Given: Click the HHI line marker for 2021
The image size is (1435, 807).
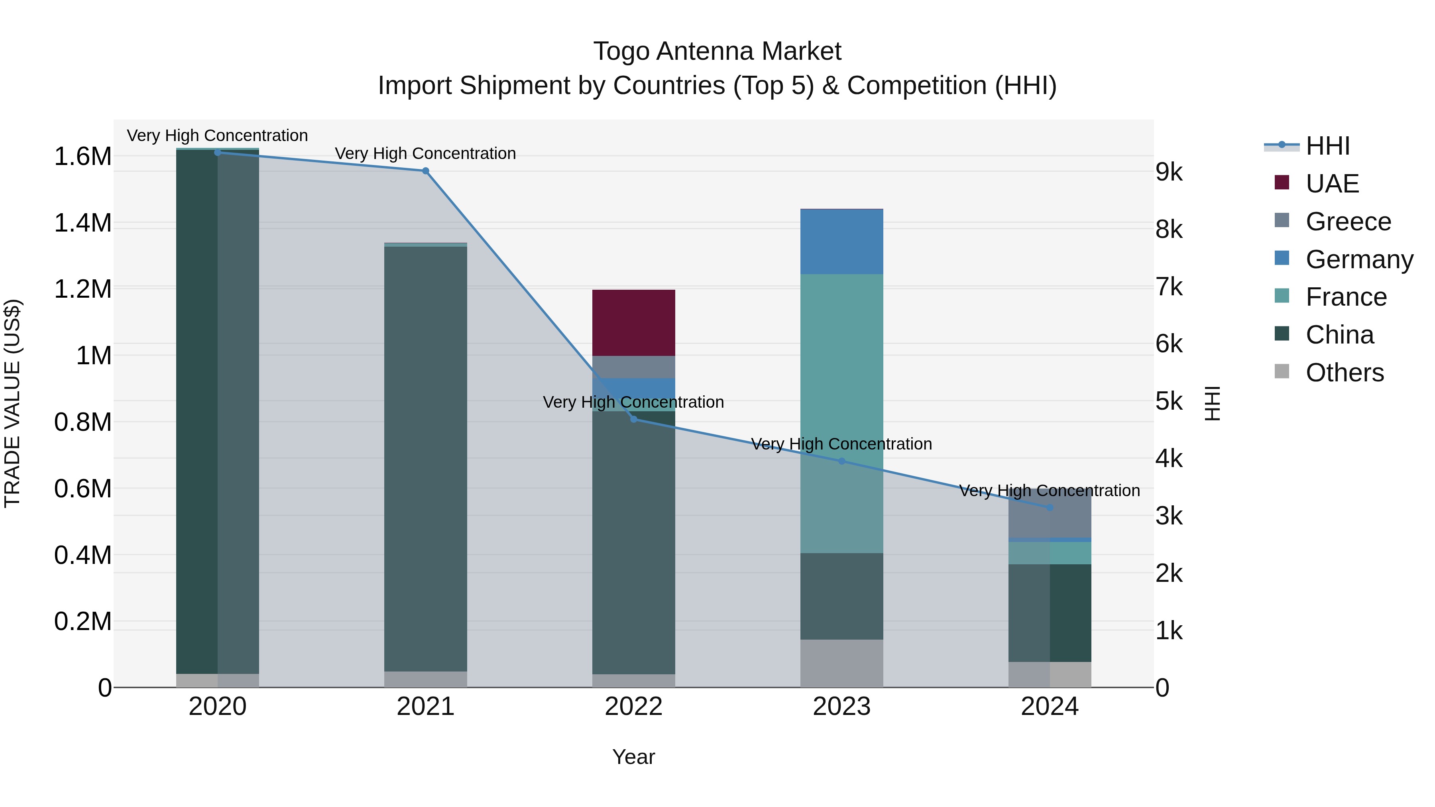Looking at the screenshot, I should (x=426, y=171).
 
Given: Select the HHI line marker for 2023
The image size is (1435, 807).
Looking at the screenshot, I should (x=842, y=461).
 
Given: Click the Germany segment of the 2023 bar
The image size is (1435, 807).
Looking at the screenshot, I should (x=842, y=242).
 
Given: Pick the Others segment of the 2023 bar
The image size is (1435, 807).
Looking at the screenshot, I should (x=842, y=663).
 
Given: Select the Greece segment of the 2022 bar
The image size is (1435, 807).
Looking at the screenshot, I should (x=633, y=367).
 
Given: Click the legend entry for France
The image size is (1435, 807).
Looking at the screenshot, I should (x=1345, y=297).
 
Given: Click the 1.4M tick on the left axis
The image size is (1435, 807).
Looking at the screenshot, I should (x=83, y=223).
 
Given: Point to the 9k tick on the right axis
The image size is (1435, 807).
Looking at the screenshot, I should (x=1169, y=172).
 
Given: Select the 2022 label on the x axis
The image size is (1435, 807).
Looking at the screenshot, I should (x=633, y=706).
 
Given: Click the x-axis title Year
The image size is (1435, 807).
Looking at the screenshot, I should (x=633, y=757).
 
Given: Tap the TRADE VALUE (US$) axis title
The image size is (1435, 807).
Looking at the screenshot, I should (x=12, y=403).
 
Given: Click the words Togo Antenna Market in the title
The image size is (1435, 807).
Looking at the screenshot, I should (x=717, y=51).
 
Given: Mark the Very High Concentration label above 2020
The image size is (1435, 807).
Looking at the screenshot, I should (x=217, y=135).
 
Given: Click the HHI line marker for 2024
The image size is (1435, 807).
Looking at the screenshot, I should (x=1050, y=507).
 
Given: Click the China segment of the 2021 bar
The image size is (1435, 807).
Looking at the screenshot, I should (x=426, y=457).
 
